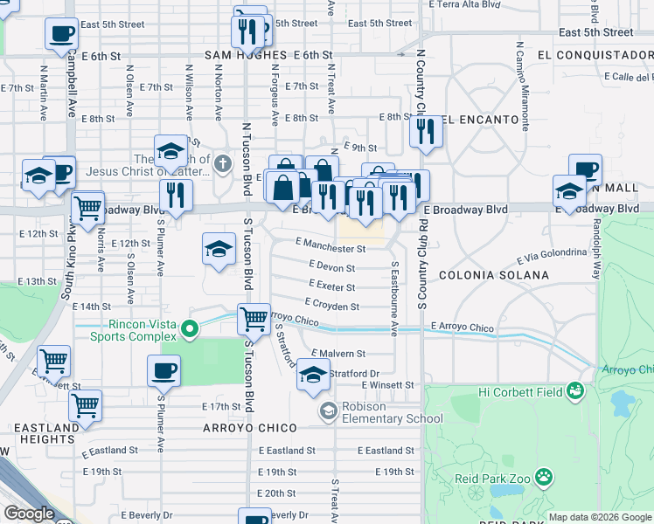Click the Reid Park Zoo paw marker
pyautogui.click(x=544, y=478)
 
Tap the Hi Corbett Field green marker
pyautogui.click(x=574, y=390)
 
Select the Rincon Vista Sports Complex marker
pyautogui.click(x=189, y=331)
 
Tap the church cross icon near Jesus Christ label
pyautogui.click(x=223, y=163)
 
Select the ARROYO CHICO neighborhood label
pyautogui.click(x=249, y=427)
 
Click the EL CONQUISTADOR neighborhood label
pyautogui.click(x=595, y=55)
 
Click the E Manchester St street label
pyautogui.click(x=330, y=247)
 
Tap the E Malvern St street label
pyautogui.click(x=337, y=353)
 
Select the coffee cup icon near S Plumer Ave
pyautogui.click(x=164, y=371)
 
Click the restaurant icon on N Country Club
pyautogui.click(x=426, y=131)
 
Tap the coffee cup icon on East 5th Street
pyautogui.click(x=61, y=34)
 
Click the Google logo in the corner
pyautogui.click(x=29, y=514)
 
